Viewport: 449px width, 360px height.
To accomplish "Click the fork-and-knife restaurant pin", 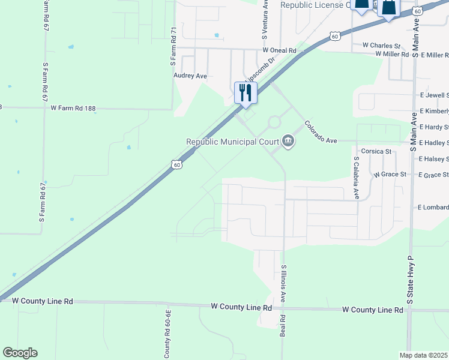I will point(246,93).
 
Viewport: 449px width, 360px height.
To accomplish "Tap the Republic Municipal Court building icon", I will point(288,142).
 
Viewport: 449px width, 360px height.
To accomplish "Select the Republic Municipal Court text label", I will point(232,142).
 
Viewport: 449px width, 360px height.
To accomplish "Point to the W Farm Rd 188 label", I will point(73,108).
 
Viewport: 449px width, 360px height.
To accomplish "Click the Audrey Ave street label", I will point(190,76).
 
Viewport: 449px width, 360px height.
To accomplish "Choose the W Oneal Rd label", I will point(279,51).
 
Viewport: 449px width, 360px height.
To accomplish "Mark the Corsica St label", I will point(375,152).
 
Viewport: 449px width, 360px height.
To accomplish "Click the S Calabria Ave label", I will point(356,178).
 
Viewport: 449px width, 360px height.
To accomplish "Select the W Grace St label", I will point(390,174).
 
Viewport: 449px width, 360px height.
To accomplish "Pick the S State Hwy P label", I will point(411,280).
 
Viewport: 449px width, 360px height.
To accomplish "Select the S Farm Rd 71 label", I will point(173,46).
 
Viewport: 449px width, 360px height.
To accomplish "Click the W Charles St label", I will point(381,46).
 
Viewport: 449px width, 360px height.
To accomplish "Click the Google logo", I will point(20,353).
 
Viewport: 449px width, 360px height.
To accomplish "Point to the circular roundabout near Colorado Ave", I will point(274,122).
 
